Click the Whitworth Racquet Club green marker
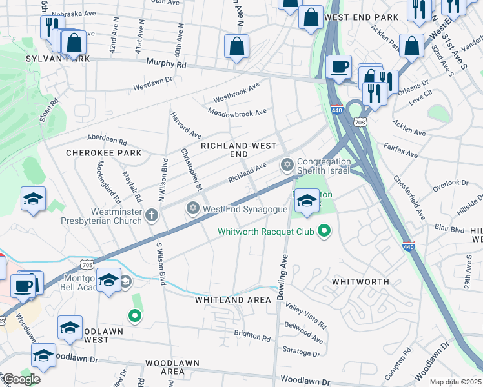tap(325, 230)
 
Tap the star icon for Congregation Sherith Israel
tap(287, 166)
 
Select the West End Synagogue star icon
tap(192, 208)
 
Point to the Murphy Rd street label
tap(166, 64)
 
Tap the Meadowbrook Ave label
tap(238, 112)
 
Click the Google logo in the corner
tap(21, 379)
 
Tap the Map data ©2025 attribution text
tap(455, 382)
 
